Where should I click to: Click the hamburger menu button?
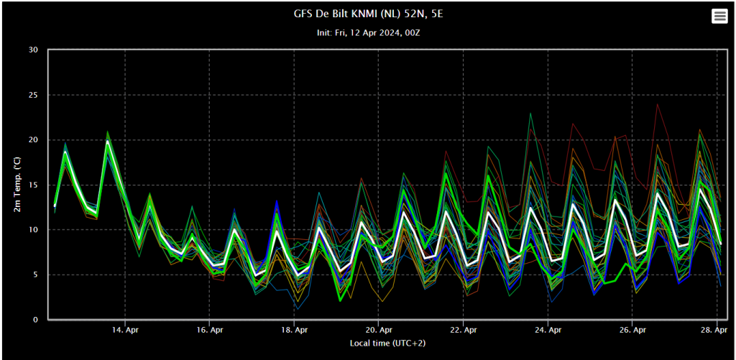719,17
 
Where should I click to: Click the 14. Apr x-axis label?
125,330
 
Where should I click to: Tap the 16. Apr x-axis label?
210,330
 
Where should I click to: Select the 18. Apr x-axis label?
294,330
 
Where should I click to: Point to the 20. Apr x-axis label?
379,330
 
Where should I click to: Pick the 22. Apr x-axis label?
464,330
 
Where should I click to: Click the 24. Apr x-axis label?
548,330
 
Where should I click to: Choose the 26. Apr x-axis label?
632,330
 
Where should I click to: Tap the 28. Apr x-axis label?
717,330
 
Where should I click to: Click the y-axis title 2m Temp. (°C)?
17,185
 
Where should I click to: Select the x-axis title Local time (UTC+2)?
387,343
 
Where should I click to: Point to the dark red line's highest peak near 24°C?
658,104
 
